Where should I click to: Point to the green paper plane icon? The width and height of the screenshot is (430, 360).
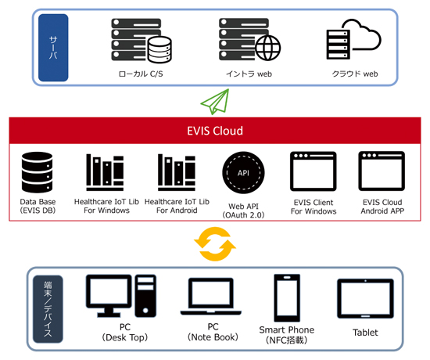pos(216,101)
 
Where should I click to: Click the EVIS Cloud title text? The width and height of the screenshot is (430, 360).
pos(216,131)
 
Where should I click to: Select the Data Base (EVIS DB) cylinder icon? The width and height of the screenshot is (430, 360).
pos(38,171)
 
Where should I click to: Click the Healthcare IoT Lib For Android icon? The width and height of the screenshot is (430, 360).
pos(176,171)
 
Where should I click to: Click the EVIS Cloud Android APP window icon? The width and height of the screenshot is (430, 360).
pos(382,171)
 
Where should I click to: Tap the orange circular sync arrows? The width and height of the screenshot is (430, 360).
pos(214,245)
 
